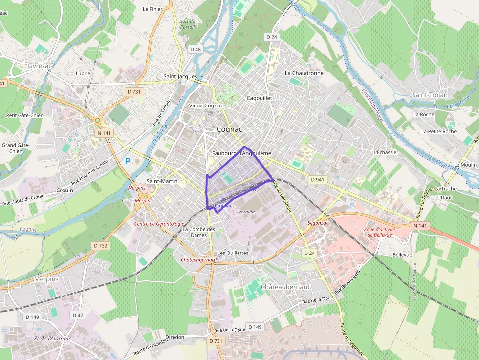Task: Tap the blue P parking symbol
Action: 128,161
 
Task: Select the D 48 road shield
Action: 196,49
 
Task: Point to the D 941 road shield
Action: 317,179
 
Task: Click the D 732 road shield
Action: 100,245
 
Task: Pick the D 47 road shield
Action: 78,315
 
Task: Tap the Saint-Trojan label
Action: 430,95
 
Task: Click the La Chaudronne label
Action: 304,73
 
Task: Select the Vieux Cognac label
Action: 206,106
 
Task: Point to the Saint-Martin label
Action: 162,181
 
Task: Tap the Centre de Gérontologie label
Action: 160,223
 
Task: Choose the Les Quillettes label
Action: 233,253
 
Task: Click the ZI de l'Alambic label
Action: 52,339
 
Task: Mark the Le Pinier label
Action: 152,9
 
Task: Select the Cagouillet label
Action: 259,98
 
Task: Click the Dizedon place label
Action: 175,337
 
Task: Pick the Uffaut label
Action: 445,197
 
